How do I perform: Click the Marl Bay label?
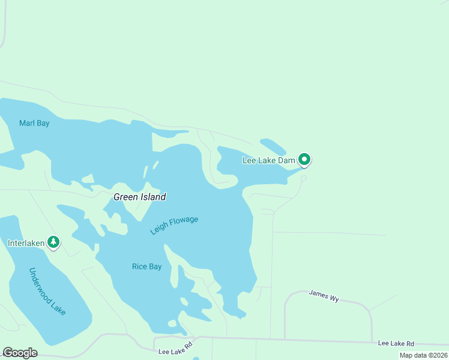tap(34, 124)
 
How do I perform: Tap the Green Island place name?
tap(140, 197)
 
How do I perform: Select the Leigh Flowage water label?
tap(174, 225)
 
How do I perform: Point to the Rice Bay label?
tap(147, 267)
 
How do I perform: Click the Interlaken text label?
tap(26, 244)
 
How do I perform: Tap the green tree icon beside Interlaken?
tap(54, 242)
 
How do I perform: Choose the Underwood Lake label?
tap(47, 292)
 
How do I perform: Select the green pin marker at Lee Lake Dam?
tap(304, 160)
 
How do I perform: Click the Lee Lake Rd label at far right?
tap(396, 344)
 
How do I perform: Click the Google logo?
tap(20, 353)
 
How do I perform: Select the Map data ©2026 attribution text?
tap(423, 355)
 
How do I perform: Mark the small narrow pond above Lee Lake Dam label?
tap(273, 146)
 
